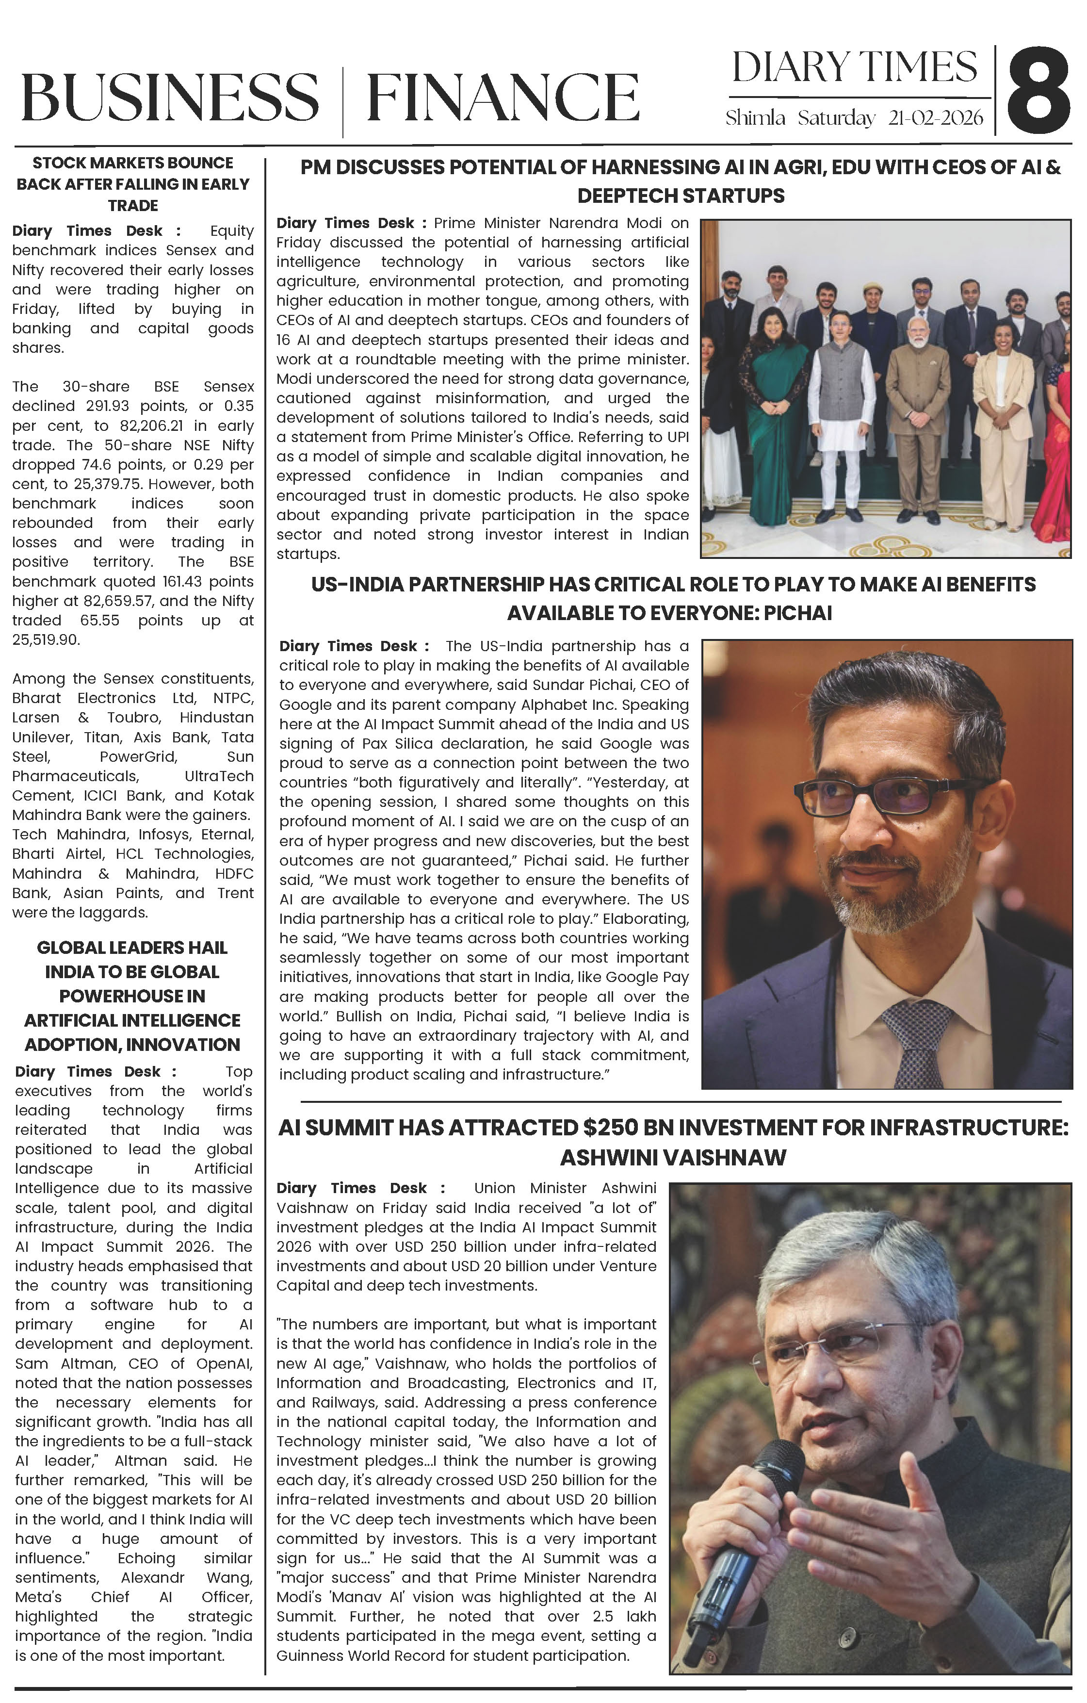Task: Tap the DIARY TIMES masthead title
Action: coord(854,68)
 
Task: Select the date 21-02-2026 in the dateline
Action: coord(935,118)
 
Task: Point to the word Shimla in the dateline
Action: coord(755,118)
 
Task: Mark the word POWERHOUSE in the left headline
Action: coord(132,996)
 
